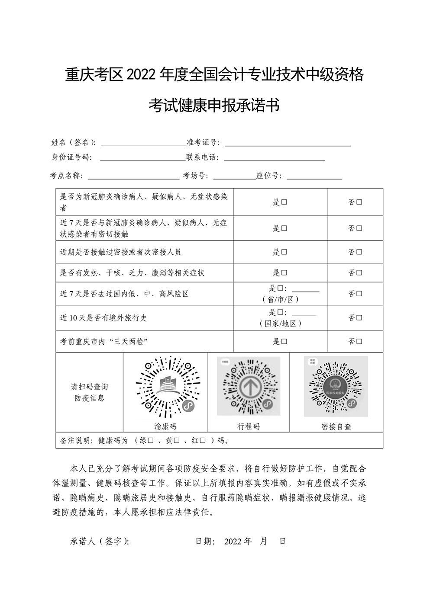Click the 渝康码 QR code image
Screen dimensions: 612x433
click(x=165, y=386)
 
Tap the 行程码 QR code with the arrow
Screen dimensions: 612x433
click(x=249, y=386)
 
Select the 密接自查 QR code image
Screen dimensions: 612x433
click(x=336, y=386)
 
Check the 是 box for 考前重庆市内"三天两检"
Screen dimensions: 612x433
click(x=284, y=342)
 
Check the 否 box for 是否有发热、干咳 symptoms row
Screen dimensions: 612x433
click(x=359, y=273)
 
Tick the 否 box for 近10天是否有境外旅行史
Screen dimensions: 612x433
click(x=359, y=318)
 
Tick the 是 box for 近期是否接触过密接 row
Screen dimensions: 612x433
click(x=284, y=252)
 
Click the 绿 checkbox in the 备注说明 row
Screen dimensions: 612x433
click(x=151, y=441)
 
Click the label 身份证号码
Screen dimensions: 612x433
click(x=72, y=157)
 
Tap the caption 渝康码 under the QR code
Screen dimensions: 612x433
click(x=165, y=426)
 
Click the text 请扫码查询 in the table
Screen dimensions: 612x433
click(x=89, y=387)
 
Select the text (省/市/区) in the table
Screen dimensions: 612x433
click(x=281, y=299)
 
